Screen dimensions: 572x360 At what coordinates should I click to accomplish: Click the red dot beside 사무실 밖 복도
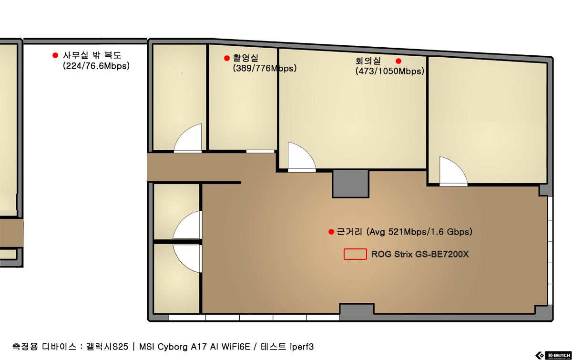pyautogui.click(x=55, y=55)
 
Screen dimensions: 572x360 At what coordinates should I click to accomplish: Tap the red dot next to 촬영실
pyautogui.click(x=227, y=58)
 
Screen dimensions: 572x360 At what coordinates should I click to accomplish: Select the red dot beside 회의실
pyautogui.click(x=398, y=61)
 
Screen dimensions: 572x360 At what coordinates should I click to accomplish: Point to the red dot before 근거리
pyautogui.click(x=331, y=232)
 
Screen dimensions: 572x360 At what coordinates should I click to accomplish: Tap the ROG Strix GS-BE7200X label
pyautogui.click(x=420, y=254)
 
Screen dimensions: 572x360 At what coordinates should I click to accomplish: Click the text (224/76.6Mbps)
pyautogui.click(x=96, y=66)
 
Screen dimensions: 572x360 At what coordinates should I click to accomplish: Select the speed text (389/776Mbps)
pyautogui.click(x=265, y=68)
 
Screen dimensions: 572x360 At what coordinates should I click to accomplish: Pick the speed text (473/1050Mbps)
pyautogui.click(x=390, y=71)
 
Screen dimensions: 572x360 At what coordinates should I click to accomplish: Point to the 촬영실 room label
pyautogui.click(x=245, y=58)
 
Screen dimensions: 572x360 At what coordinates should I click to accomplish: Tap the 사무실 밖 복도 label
pyautogui.click(x=92, y=55)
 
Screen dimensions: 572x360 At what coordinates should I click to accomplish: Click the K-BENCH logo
pyautogui.click(x=553, y=355)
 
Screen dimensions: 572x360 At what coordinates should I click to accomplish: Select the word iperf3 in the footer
pyautogui.click(x=302, y=347)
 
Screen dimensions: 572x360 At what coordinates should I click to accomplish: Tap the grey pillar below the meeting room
pyautogui.click(x=350, y=184)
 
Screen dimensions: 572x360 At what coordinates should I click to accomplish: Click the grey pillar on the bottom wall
pyautogui.click(x=357, y=312)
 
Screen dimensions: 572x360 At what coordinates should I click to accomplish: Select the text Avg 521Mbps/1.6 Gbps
pyautogui.click(x=419, y=232)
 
